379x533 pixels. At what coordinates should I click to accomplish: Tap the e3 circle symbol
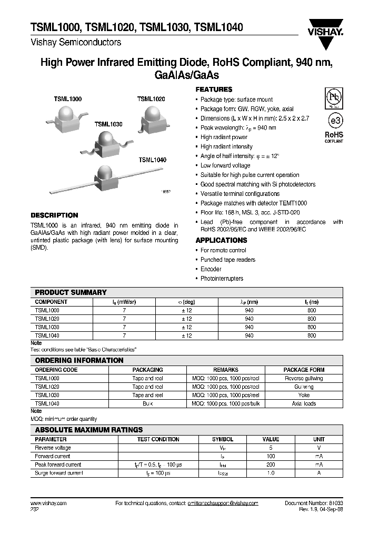(x=334, y=121)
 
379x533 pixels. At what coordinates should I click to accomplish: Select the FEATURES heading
(x=214, y=90)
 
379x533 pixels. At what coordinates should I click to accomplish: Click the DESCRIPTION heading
(x=54, y=215)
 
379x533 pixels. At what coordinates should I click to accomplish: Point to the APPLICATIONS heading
(x=221, y=240)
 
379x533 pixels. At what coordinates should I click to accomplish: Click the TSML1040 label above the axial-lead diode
(x=153, y=160)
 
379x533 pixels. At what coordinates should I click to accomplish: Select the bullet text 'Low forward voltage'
(x=225, y=165)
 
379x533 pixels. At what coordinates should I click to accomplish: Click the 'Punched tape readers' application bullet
(x=228, y=260)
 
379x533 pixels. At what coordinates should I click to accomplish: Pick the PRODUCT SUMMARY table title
(x=71, y=292)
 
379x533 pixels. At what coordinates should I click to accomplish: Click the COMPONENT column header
(x=51, y=302)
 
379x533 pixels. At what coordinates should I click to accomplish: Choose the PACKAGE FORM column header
(x=304, y=370)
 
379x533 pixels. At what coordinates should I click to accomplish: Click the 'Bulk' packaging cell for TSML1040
(x=147, y=403)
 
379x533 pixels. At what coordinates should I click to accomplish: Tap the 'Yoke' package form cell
(x=304, y=395)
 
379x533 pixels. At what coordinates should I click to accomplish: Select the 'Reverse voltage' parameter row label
(x=53, y=448)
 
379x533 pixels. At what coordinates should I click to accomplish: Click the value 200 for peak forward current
(x=271, y=465)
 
